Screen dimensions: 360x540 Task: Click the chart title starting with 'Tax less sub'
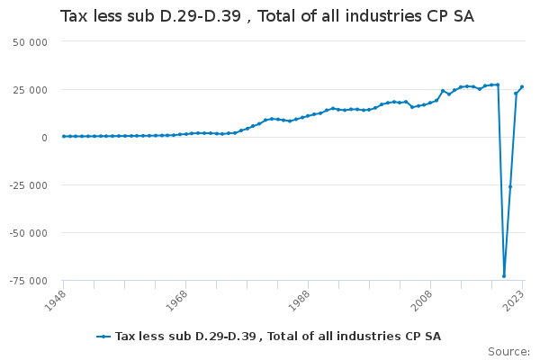coord(266,16)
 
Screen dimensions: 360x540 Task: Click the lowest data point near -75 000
coord(504,276)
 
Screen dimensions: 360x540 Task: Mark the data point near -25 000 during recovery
coord(510,186)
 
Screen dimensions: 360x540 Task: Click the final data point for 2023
coord(522,87)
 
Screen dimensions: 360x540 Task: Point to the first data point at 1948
coord(63,136)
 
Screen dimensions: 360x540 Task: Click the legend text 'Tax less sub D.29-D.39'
coord(278,337)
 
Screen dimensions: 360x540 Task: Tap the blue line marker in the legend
coord(104,337)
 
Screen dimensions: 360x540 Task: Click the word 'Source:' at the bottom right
coord(508,351)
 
